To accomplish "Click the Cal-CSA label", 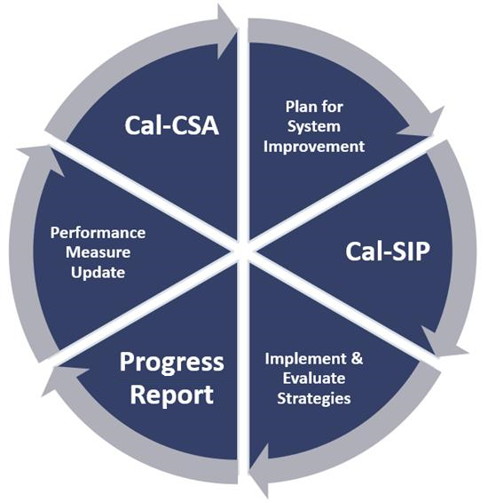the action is tap(171, 125).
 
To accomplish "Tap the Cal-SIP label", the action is tap(388, 251).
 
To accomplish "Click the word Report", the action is tap(171, 395).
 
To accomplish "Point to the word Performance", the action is tap(98, 233).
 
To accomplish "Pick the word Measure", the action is tap(98, 252).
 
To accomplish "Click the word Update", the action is tap(98, 274).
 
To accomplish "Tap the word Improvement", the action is tap(314, 148).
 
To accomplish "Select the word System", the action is tap(314, 127).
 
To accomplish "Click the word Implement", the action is tap(305, 359).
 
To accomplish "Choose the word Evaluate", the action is tap(314, 379).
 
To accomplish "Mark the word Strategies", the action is tap(314, 399).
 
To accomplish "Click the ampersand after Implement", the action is tap(357, 359).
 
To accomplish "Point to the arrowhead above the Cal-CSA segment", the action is tap(226, 32).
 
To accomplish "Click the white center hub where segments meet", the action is tap(243, 251).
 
